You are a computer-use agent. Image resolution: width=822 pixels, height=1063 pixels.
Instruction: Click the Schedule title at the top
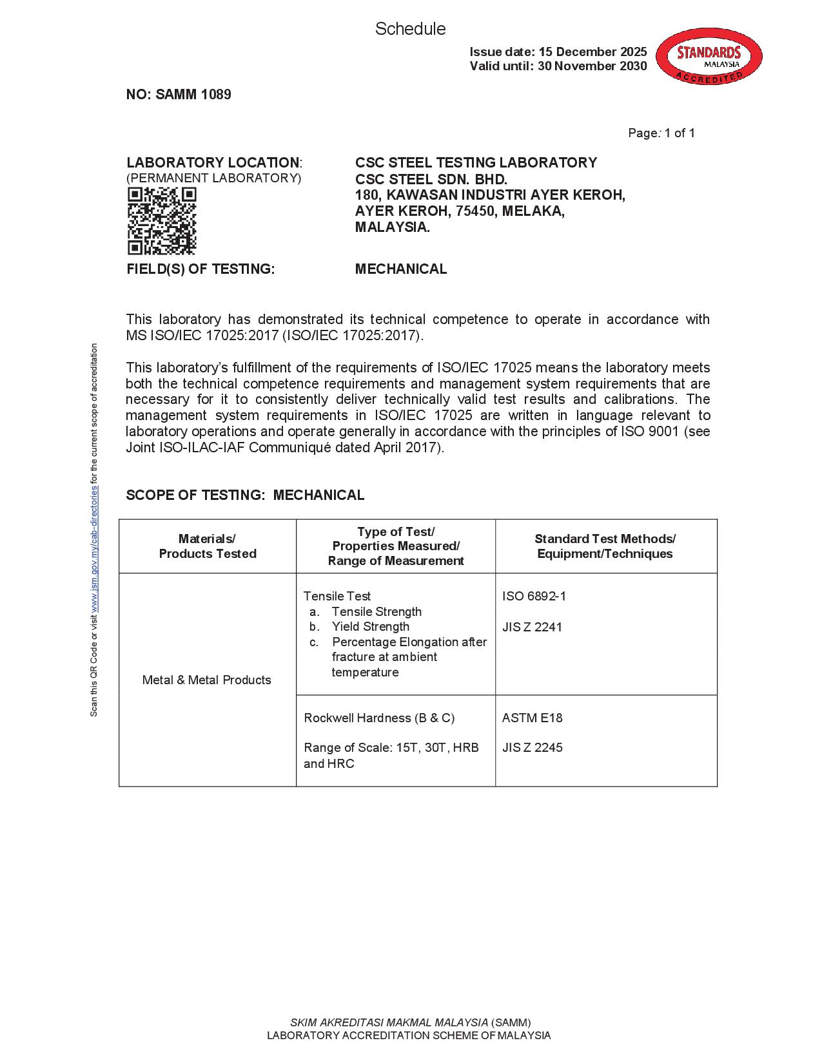410,29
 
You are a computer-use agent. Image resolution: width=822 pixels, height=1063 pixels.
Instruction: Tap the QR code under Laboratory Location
162,221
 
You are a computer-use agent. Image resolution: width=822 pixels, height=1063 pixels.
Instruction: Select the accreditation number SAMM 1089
179,95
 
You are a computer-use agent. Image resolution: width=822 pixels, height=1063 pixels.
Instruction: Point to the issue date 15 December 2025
592,52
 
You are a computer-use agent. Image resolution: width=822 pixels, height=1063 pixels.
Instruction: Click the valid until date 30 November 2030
592,66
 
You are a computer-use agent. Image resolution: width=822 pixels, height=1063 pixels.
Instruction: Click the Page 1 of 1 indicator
661,133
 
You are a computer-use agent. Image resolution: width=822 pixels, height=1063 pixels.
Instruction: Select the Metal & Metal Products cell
207,680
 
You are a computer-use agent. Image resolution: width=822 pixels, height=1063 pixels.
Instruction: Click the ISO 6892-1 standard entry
534,596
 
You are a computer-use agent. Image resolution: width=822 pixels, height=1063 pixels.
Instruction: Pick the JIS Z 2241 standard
532,627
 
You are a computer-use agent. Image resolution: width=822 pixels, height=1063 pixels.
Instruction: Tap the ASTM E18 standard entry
532,718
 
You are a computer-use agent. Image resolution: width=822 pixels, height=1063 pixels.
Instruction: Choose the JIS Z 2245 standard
532,747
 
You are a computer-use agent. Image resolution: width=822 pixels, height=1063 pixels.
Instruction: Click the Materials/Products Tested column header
208,546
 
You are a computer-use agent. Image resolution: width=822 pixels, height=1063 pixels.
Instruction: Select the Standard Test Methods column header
605,546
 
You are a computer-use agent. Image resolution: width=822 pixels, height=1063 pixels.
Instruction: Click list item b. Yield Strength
370,626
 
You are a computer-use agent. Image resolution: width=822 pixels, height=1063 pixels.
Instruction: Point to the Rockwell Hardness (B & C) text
379,718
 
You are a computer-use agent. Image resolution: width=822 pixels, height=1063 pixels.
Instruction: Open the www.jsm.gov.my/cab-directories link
94,548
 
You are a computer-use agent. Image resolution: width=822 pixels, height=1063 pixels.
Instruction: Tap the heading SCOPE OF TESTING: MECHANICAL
245,495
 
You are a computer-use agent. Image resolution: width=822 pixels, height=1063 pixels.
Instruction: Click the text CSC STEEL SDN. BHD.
431,179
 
